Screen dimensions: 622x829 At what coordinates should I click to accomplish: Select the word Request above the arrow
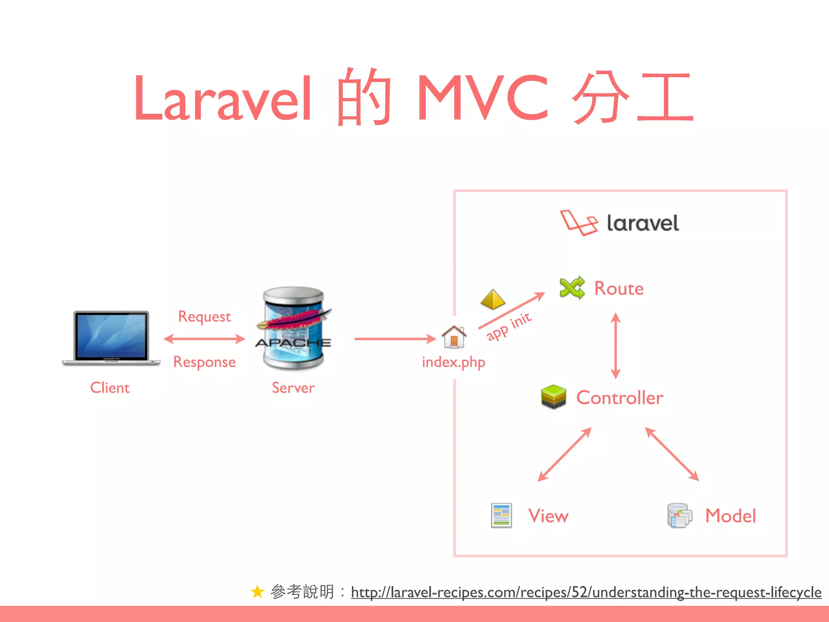point(204,316)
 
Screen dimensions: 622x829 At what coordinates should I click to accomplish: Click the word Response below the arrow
point(204,362)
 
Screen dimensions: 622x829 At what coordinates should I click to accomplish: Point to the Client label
point(110,388)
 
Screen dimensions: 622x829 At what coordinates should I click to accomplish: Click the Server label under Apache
point(293,388)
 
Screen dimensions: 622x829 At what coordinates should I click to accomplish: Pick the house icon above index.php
point(454,337)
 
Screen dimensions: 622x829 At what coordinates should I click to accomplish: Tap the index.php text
point(453,362)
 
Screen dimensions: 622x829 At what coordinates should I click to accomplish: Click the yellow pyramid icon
point(493,300)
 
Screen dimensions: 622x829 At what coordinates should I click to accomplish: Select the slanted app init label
point(509,326)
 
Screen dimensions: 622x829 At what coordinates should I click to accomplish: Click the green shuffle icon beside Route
point(572,288)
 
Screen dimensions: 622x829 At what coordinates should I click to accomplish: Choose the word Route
point(619,288)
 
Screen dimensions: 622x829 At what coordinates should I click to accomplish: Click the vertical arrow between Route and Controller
point(616,345)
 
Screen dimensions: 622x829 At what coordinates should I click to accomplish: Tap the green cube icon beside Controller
point(553,396)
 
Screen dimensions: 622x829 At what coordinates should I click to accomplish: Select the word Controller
point(620,398)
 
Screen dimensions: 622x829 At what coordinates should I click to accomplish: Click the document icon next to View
point(501,515)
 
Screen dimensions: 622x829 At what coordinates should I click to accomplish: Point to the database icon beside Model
point(680,515)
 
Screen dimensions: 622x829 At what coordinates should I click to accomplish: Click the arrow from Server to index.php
point(395,339)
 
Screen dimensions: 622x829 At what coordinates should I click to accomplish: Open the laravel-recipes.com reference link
point(586,592)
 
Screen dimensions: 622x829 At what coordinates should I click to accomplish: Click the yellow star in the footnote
point(257,592)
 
